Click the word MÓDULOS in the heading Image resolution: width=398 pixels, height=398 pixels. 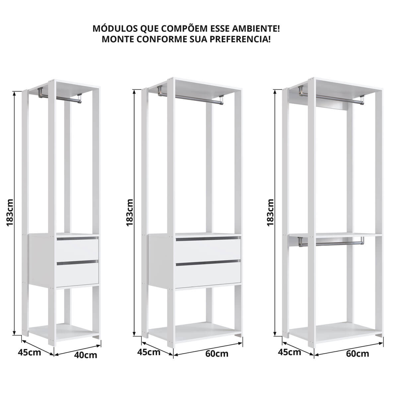[115, 29]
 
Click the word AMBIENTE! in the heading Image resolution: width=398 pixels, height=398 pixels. [256, 29]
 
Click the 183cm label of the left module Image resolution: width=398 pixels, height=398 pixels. [10, 213]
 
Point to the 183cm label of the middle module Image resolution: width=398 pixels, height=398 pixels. [130, 213]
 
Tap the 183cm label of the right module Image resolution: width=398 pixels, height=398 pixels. [270, 213]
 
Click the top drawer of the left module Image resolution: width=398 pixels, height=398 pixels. [77, 248]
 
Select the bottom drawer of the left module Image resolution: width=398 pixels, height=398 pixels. [77, 273]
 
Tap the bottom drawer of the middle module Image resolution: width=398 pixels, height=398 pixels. [208, 274]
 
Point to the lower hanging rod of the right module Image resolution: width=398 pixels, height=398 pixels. [331, 244]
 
